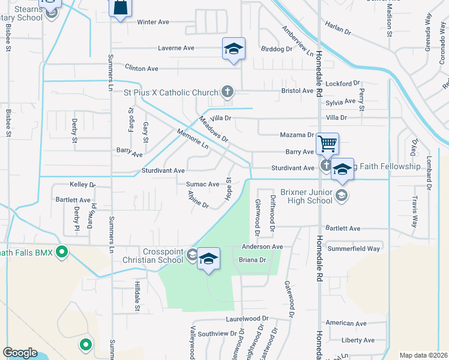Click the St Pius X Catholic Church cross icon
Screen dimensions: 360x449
click(x=227, y=92)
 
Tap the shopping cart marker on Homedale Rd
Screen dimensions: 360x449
click(x=328, y=143)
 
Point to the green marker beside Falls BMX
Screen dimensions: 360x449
click(x=61, y=253)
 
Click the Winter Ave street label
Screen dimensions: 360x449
click(x=153, y=22)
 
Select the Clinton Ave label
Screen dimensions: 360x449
click(x=142, y=68)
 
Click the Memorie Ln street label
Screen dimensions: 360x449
click(x=192, y=139)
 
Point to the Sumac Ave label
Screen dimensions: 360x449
click(x=202, y=184)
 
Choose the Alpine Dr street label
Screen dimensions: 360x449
click(x=197, y=200)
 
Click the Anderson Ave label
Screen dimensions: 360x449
click(x=262, y=247)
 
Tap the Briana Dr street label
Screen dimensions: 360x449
click(x=252, y=260)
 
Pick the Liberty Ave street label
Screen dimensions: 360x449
click(x=358, y=340)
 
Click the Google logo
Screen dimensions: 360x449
click(x=20, y=353)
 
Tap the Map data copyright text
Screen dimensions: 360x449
click(x=423, y=355)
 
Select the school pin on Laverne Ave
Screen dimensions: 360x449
click(x=234, y=49)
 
